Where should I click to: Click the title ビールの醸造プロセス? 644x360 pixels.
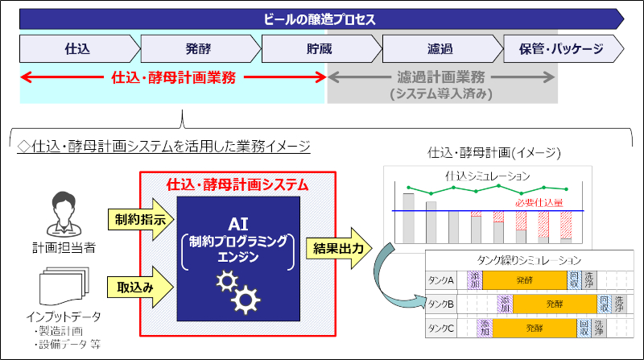(319, 19)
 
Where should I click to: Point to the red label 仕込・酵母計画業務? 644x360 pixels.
(174, 77)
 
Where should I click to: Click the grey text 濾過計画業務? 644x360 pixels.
(440, 77)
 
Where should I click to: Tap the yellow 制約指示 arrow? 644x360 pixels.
(140, 219)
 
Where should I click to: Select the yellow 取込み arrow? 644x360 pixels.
(140, 287)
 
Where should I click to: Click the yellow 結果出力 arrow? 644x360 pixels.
(339, 248)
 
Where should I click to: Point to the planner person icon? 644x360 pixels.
(64, 213)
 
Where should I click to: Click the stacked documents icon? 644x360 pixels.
(64, 286)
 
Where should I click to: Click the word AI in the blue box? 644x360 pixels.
(238, 225)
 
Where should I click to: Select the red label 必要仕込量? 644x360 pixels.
(539, 203)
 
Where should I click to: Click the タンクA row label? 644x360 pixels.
(440, 280)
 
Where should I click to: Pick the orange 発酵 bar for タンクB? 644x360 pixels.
(555, 304)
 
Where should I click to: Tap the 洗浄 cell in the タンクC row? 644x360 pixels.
(599, 329)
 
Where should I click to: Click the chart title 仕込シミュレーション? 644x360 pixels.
(488, 176)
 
